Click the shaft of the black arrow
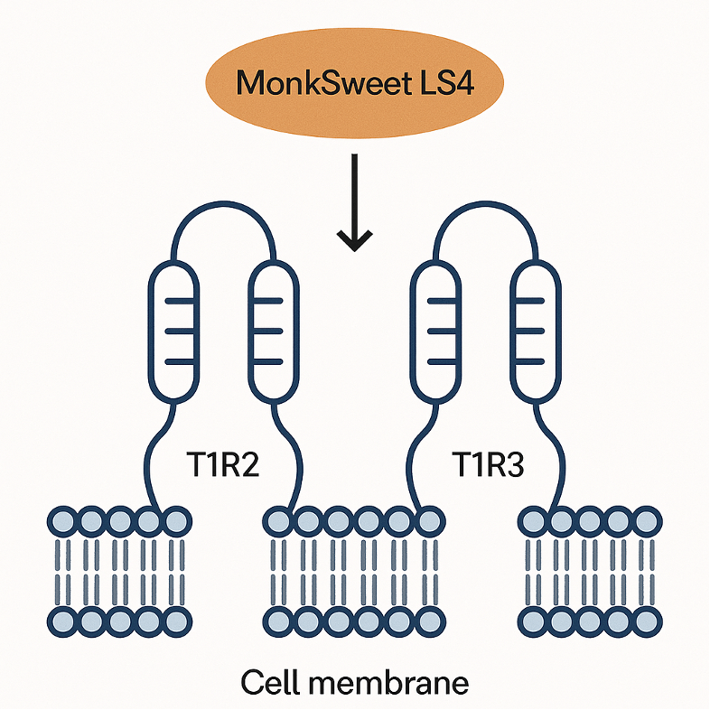(355, 194)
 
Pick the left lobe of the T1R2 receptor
(173, 332)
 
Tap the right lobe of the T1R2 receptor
(272, 332)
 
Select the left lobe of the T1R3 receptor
(435, 332)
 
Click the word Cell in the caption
(270, 682)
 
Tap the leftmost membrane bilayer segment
(118, 571)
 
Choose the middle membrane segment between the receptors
(354, 571)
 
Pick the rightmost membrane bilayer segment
(588, 571)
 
